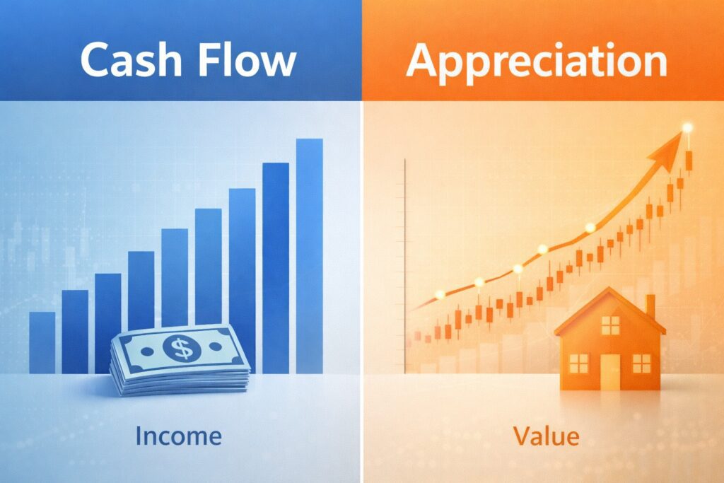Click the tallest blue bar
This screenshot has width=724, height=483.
pyautogui.click(x=309, y=255)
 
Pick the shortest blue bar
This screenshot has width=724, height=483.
pyautogui.click(x=42, y=342)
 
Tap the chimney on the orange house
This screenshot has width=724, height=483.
pyautogui.click(x=650, y=307)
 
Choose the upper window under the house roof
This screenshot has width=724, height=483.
pyautogui.click(x=610, y=325)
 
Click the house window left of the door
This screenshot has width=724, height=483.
pyautogui.click(x=578, y=363)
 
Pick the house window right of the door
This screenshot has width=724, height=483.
pyautogui.click(x=641, y=363)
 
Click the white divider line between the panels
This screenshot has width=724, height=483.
pyautogui.click(x=362, y=283)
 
